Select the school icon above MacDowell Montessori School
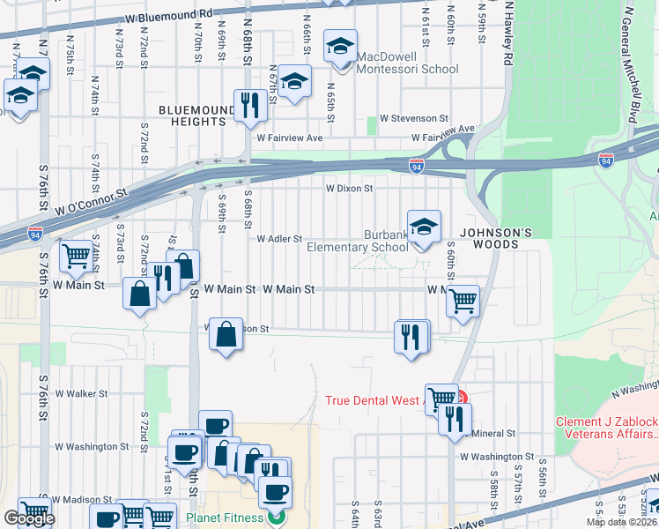(340, 47)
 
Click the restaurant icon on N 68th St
(250, 106)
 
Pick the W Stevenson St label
(413, 118)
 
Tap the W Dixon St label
(350, 188)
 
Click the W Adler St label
(279, 239)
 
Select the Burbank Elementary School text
(358, 242)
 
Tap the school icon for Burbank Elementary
(424, 227)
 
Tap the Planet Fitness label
(225, 518)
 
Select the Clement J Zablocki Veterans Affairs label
(606, 428)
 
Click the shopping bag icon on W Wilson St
(226, 334)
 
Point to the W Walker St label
(81, 394)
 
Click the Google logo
(29, 518)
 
